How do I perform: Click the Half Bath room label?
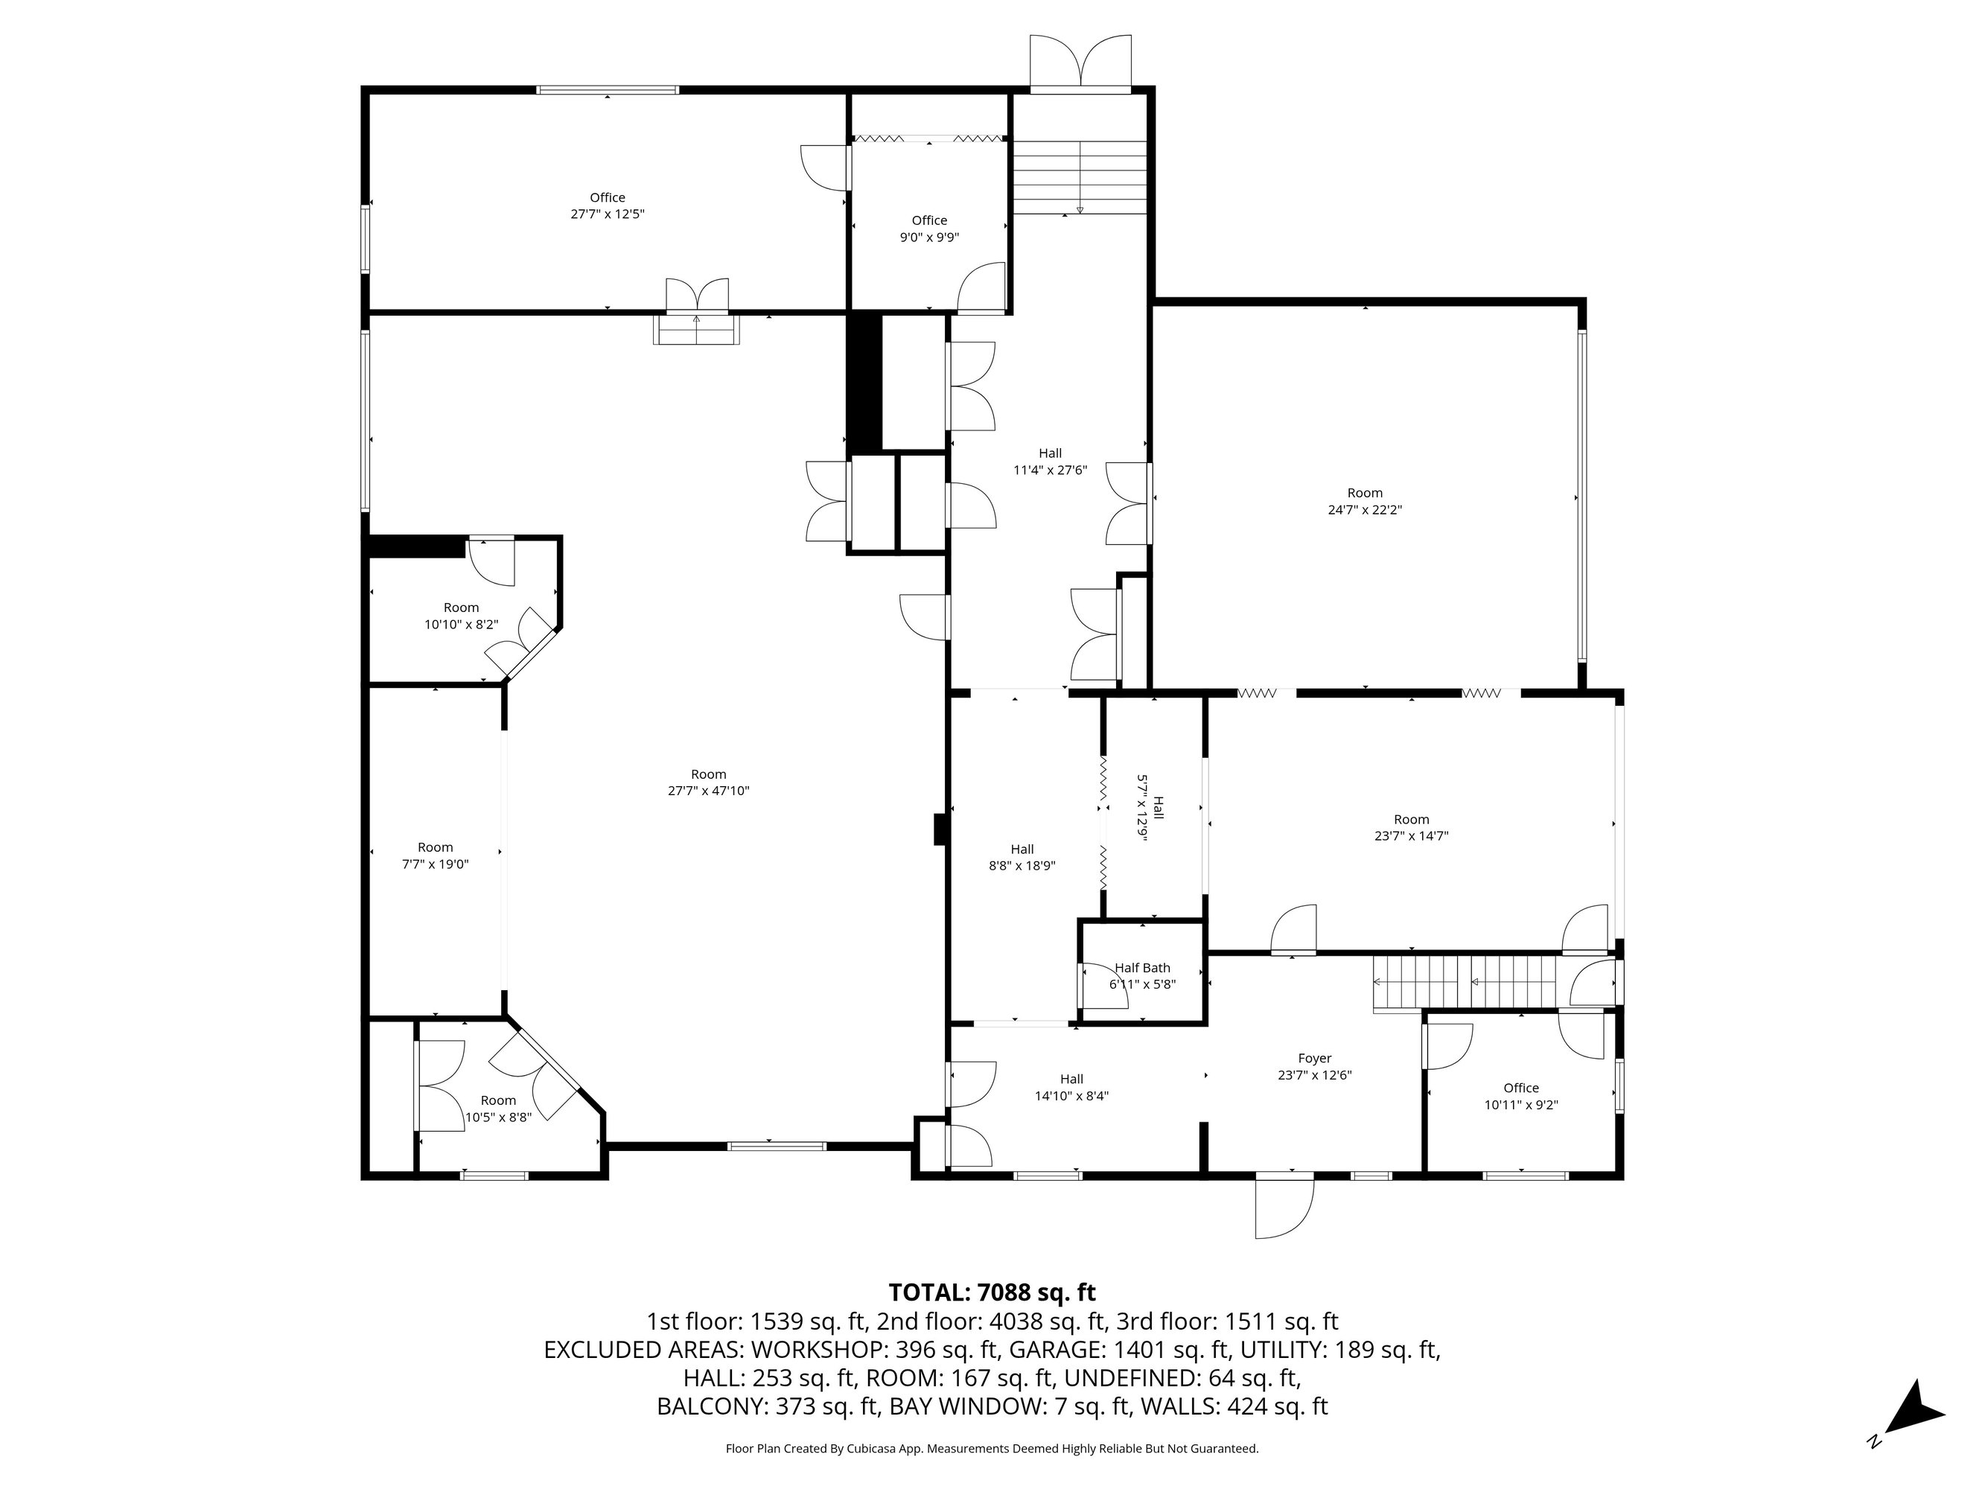tap(1142, 968)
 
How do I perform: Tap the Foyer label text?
tap(1315, 1058)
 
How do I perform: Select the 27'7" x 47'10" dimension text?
tap(708, 791)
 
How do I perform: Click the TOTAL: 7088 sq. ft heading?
tap(992, 1292)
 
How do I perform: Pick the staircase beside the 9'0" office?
tap(1080, 178)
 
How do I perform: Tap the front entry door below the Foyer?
tap(1284, 1206)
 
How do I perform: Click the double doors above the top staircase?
tap(1080, 63)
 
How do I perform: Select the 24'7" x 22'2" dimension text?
tap(1365, 509)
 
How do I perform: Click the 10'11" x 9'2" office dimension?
tap(1521, 1105)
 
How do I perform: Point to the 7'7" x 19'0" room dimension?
tap(436, 864)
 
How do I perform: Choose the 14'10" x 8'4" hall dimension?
tap(1071, 1095)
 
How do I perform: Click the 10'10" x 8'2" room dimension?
tap(461, 624)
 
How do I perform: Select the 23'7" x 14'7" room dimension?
tap(1411, 835)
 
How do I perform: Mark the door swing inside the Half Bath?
tap(1103, 986)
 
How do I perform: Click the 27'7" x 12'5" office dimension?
tap(608, 214)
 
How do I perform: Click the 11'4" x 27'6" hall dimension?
tap(1050, 470)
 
